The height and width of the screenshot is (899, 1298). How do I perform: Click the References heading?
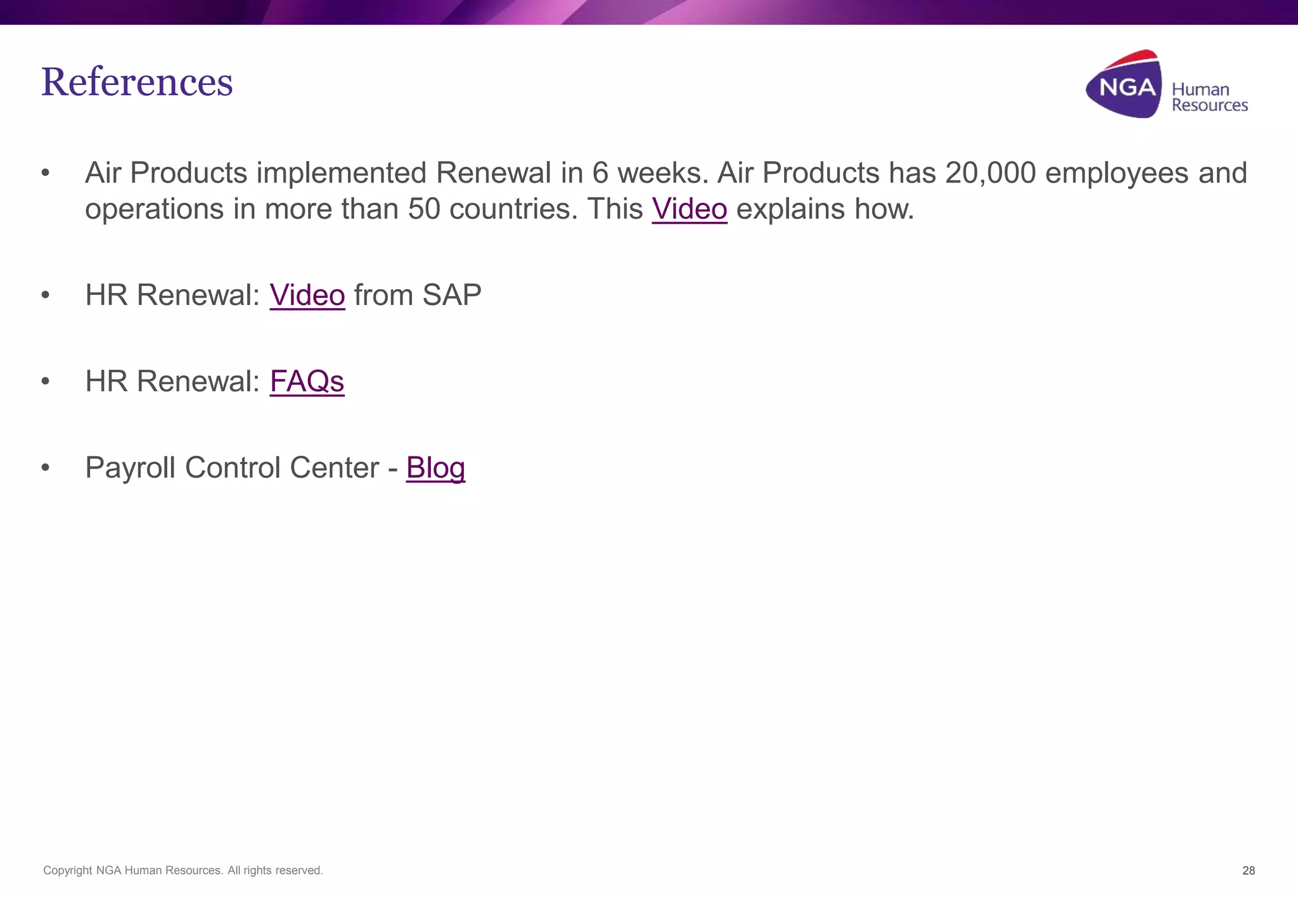tap(137, 82)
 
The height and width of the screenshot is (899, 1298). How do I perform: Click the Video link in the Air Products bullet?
tap(689, 209)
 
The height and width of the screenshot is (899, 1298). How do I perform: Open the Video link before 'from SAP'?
tap(307, 295)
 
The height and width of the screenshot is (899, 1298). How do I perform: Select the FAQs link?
tap(307, 382)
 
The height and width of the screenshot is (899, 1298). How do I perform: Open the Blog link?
tap(435, 468)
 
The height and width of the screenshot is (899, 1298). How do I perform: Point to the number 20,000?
tap(990, 173)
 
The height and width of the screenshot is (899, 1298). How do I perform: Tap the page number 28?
tap(1248, 870)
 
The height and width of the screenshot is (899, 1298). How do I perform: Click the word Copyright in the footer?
tap(67, 870)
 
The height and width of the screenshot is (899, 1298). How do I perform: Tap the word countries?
tap(513, 209)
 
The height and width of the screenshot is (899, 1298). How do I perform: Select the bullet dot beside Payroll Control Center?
tap(45, 468)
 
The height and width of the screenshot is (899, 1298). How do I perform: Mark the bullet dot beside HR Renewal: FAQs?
tap(45, 382)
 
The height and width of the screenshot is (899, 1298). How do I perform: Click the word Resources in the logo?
tap(1209, 105)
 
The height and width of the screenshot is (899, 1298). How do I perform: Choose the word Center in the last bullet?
tap(334, 468)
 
